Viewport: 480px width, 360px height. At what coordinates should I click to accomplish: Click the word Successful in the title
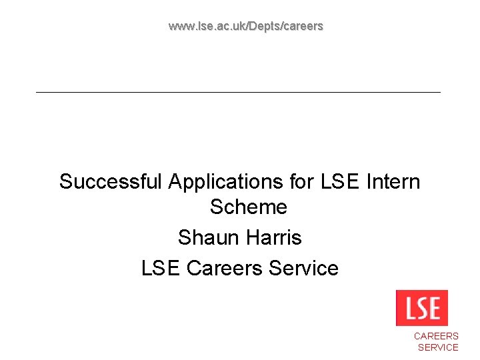pyautogui.click(x=111, y=181)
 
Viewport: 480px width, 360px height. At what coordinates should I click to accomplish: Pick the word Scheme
pyautogui.click(x=248, y=207)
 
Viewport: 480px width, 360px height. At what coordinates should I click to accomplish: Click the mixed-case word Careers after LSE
pyautogui.click(x=225, y=268)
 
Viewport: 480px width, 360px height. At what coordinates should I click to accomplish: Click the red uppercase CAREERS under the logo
pyautogui.click(x=436, y=337)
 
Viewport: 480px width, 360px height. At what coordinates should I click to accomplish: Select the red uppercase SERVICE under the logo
pyautogui.click(x=437, y=347)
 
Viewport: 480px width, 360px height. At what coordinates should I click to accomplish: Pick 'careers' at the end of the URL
pyautogui.click(x=304, y=27)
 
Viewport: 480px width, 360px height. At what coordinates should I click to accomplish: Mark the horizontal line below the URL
pyautogui.click(x=238, y=91)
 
